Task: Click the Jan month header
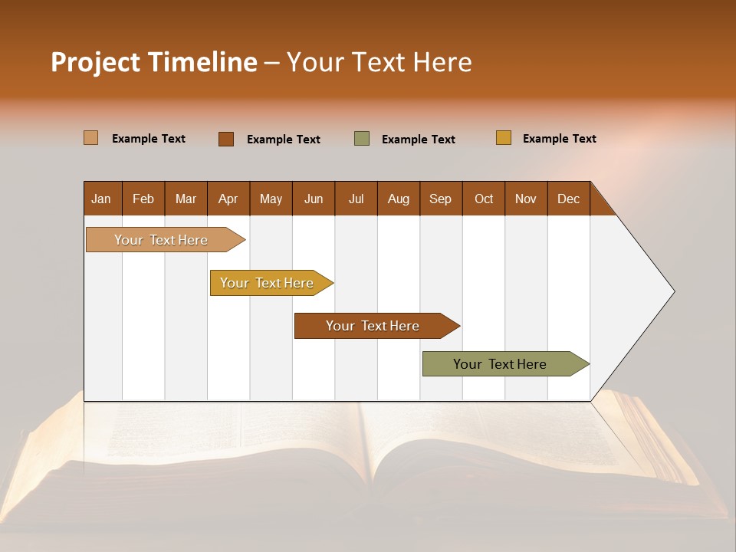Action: click(101, 199)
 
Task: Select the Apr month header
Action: click(228, 199)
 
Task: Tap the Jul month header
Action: click(356, 199)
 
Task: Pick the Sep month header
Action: click(440, 199)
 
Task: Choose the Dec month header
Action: click(568, 199)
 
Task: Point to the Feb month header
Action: click(143, 199)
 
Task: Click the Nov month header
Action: click(525, 199)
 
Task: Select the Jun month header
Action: click(314, 199)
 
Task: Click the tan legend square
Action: click(91, 138)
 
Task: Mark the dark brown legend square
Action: click(226, 139)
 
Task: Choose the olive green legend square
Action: click(362, 139)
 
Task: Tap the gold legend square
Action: click(504, 138)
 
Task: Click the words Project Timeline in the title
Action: click(154, 62)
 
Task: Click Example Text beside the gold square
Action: click(559, 139)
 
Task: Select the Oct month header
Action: click(484, 199)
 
